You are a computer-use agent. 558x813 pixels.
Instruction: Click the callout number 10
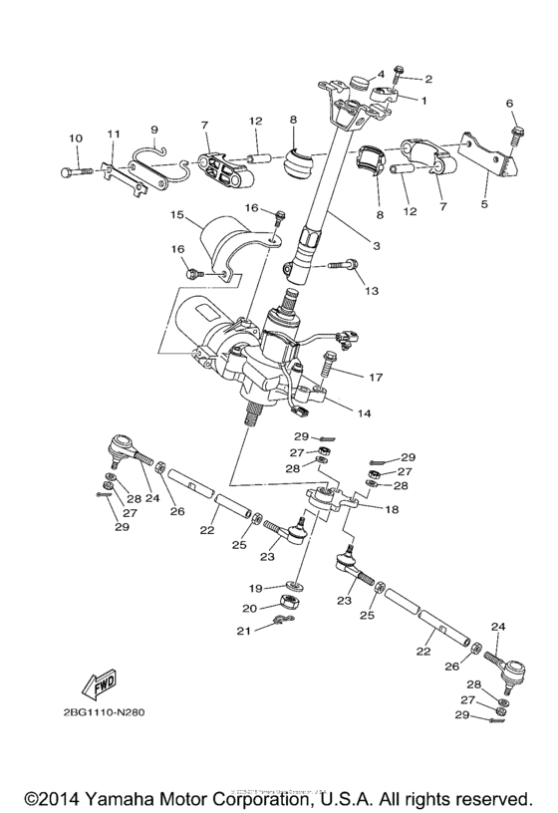pyautogui.click(x=75, y=138)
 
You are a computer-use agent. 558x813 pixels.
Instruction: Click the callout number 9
pyautogui.click(x=154, y=129)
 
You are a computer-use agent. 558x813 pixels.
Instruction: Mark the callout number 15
pyautogui.click(x=176, y=214)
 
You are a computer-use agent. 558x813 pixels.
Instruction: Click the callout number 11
pyautogui.click(x=114, y=134)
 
